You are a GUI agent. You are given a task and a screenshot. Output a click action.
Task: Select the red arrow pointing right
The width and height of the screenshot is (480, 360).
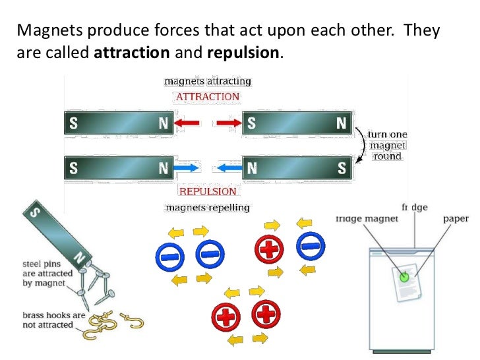click(229, 123)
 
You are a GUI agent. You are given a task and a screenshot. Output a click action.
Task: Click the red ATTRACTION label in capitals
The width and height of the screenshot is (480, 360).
click(207, 96)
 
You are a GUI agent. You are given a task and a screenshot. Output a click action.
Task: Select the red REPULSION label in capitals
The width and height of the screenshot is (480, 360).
click(208, 191)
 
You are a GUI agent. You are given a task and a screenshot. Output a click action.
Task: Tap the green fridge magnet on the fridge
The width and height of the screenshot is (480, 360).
click(404, 276)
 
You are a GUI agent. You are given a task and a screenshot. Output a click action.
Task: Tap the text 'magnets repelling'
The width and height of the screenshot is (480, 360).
click(207, 207)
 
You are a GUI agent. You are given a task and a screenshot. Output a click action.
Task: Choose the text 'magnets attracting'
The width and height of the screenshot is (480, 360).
click(207, 81)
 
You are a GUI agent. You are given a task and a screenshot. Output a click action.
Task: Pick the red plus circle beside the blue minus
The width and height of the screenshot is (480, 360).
click(270, 249)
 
